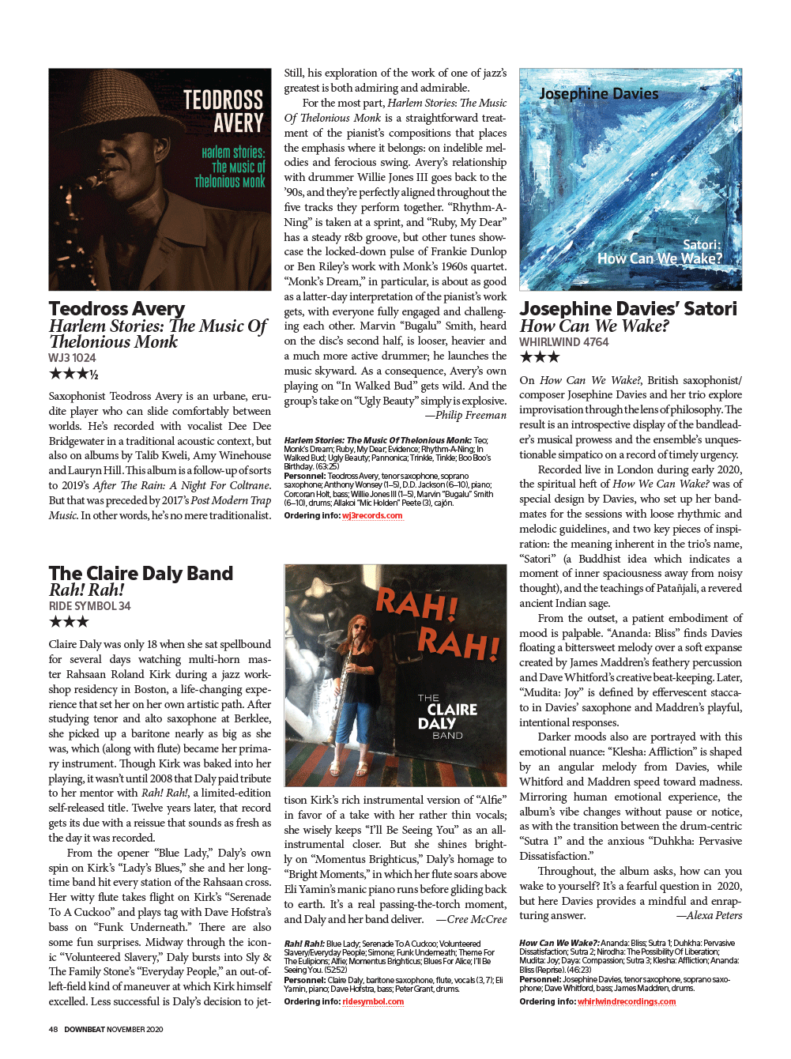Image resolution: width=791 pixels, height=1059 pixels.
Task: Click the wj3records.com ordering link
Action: click(372, 515)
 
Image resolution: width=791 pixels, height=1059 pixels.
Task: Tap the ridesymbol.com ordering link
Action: click(373, 1001)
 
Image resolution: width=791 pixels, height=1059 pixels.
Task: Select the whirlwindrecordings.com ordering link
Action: click(627, 1001)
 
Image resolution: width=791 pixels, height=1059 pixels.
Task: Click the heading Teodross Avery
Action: click(117, 308)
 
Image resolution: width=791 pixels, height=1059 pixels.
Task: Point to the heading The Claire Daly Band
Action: click(141, 573)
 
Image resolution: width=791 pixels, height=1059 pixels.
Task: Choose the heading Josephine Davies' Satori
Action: click(627, 308)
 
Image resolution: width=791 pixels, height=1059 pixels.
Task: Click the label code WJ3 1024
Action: click(72, 358)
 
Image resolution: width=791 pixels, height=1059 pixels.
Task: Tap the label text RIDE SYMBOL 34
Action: click(89, 606)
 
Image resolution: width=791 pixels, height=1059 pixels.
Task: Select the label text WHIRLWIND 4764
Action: click(563, 342)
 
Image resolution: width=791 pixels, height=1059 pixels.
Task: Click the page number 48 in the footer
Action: click(53, 1029)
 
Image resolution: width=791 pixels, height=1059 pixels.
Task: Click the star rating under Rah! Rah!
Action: click(69, 622)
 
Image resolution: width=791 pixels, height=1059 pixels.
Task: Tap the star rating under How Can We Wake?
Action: click(539, 357)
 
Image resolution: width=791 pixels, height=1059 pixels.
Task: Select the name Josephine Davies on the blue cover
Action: click(598, 94)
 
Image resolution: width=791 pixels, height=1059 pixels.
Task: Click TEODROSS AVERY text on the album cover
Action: click(224, 111)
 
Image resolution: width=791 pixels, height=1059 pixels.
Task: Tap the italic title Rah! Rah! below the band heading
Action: click(87, 590)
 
